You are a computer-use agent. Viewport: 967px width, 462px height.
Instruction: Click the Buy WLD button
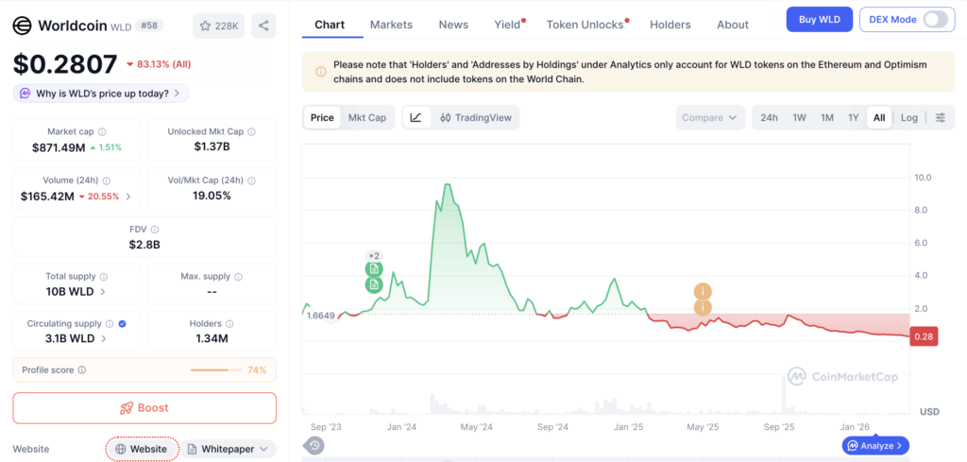pos(819,19)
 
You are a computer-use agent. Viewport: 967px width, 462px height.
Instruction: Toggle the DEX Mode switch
pos(935,19)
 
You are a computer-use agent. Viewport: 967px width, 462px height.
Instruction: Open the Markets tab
pos(391,25)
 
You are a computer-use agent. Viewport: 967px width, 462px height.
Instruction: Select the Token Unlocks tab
pos(585,25)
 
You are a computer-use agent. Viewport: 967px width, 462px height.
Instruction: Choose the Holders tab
pos(670,25)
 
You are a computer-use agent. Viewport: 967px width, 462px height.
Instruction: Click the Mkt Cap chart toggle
pos(367,117)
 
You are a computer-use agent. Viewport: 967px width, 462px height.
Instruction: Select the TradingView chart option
pos(476,117)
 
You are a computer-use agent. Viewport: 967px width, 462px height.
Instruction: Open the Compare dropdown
pos(709,117)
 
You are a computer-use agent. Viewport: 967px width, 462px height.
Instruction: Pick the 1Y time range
pos(853,117)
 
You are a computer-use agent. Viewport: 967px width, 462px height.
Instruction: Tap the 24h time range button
pos(769,117)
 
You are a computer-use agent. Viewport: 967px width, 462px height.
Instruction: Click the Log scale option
pos(909,117)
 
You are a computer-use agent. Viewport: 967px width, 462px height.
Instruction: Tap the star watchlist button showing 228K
pos(219,26)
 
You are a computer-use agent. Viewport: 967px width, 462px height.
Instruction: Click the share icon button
pos(263,26)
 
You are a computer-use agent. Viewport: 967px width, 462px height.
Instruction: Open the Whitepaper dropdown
pos(229,449)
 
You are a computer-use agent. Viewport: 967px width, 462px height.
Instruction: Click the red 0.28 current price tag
pos(924,336)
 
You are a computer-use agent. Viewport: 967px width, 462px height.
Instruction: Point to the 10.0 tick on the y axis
pos(924,178)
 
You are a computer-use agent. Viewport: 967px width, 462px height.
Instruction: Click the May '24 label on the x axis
pos(477,427)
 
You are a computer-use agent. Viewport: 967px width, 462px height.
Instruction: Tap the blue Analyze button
pos(875,445)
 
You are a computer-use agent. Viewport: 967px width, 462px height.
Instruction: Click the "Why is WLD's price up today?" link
pos(101,94)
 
